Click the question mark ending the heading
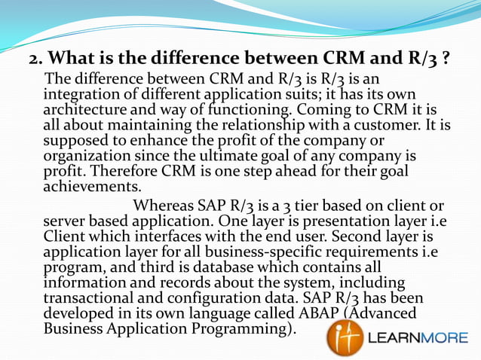(447, 59)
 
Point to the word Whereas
(164, 206)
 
